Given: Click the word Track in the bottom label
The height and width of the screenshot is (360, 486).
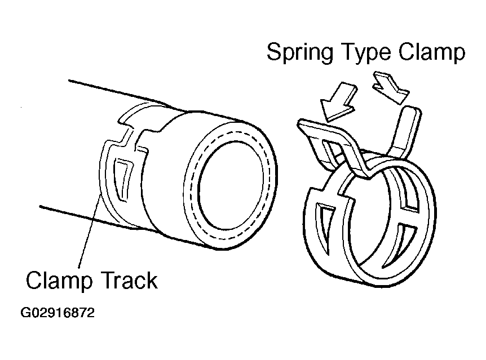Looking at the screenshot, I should click(x=130, y=279).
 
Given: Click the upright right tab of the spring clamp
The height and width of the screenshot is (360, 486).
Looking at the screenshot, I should click(x=405, y=130).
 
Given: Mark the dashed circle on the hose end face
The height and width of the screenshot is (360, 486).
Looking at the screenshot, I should click(x=195, y=186).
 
